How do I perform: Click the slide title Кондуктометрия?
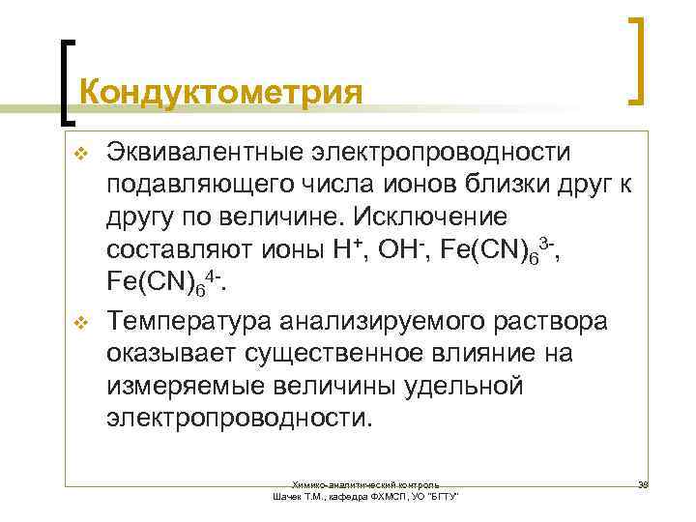[x=221, y=93]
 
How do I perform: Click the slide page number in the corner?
[x=642, y=480]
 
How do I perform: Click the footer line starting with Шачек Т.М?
[x=366, y=495]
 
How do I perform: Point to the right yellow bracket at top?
[x=637, y=58]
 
